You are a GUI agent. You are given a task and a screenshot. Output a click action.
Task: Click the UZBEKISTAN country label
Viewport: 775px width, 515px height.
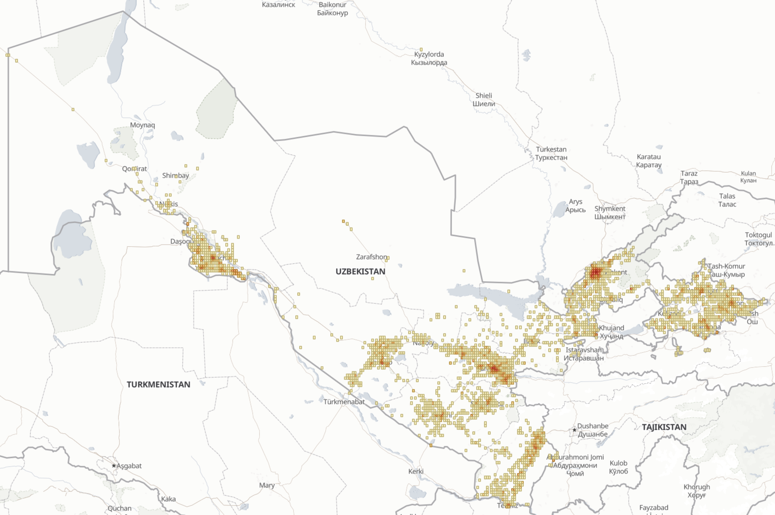[360, 272]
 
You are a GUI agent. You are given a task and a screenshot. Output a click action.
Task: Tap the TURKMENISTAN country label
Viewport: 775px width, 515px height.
[159, 384]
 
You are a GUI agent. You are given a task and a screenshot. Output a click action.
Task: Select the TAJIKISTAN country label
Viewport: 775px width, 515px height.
[664, 427]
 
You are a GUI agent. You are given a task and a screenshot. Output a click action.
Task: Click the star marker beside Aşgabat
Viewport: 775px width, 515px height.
[114, 466]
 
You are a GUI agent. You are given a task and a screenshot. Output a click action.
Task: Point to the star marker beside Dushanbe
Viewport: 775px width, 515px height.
[574, 429]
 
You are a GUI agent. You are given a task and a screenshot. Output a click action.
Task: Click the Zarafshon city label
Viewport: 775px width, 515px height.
[372, 257]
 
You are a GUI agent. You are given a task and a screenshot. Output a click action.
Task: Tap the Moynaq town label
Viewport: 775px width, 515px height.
[142, 125]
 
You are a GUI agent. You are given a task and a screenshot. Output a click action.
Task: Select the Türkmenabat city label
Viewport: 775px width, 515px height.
[344, 402]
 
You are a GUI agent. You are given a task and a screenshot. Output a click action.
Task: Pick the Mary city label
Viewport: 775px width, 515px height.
[267, 486]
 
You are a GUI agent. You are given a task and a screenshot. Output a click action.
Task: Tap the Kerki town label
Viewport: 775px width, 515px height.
[416, 471]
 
